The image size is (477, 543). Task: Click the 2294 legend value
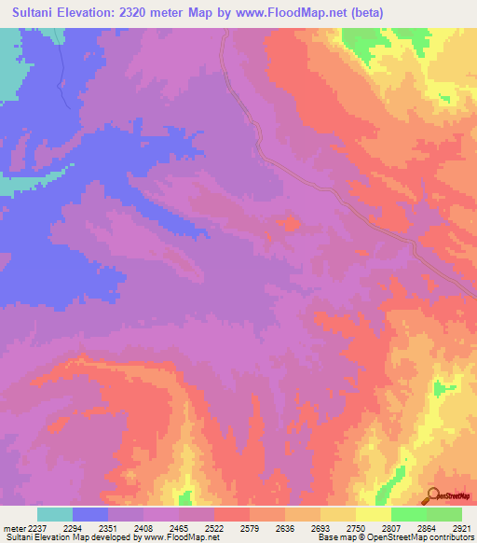[x=90, y=528]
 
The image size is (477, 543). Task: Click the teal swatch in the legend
[x=55, y=514]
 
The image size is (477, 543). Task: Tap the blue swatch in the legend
[x=90, y=514]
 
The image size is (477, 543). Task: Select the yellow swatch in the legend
[x=374, y=514]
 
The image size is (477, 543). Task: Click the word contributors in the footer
[x=452, y=537]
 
